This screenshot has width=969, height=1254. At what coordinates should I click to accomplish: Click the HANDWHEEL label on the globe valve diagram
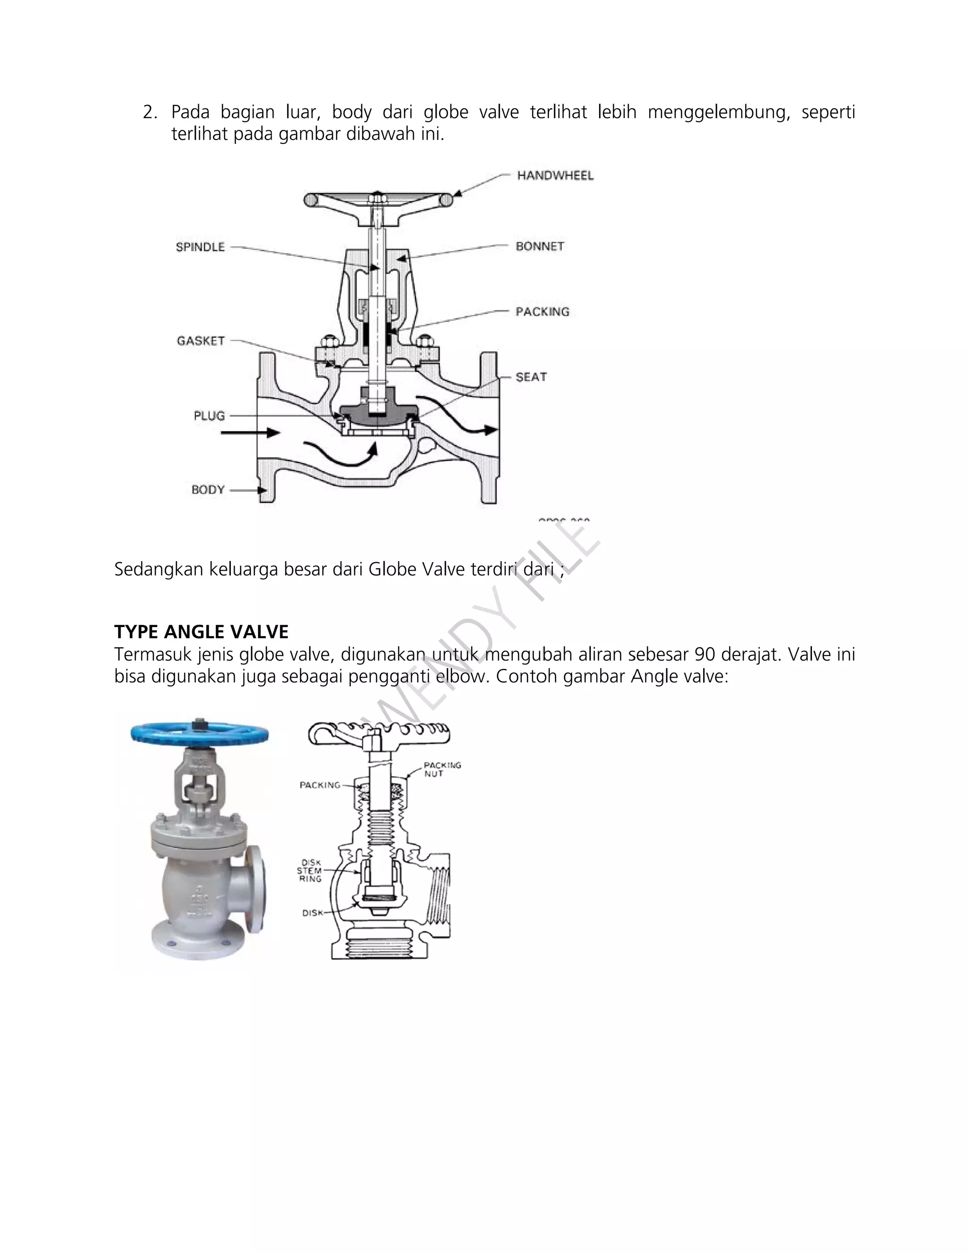click(x=555, y=176)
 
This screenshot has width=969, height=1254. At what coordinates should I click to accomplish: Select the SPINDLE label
click(x=200, y=247)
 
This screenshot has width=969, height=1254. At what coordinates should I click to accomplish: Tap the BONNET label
click(x=539, y=247)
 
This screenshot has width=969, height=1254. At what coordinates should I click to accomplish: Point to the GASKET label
click(x=200, y=341)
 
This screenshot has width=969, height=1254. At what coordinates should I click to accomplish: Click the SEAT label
click(x=531, y=377)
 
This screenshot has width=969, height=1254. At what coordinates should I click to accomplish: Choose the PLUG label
click(x=209, y=415)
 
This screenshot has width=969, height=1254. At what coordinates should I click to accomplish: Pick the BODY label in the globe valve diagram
click(x=208, y=490)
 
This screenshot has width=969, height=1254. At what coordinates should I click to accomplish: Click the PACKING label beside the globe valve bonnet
click(x=542, y=312)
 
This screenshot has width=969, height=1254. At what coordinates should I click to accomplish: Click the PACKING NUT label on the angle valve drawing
click(x=441, y=769)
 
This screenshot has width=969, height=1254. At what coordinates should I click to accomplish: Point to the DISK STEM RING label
click(x=310, y=870)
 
